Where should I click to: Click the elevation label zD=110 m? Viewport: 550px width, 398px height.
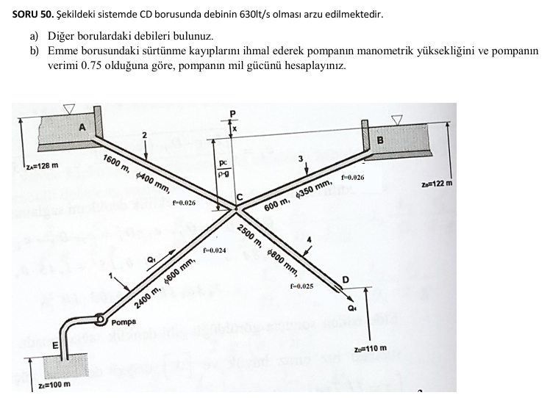pyautogui.click(x=370, y=347)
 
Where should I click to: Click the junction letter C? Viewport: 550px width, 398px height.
pyautogui.click(x=240, y=196)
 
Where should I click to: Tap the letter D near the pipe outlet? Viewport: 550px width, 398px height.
pyautogui.click(x=346, y=278)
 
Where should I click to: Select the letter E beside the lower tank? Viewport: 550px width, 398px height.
pyautogui.click(x=54, y=345)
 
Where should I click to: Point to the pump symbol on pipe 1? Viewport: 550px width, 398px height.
pyautogui.click(x=100, y=319)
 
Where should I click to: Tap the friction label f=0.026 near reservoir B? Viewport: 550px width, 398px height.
pyautogui.click(x=352, y=178)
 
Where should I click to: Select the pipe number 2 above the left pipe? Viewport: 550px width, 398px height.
pyautogui.click(x=145, y=135)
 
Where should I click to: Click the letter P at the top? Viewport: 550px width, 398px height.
pyautogui.click(x=233, y=112)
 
